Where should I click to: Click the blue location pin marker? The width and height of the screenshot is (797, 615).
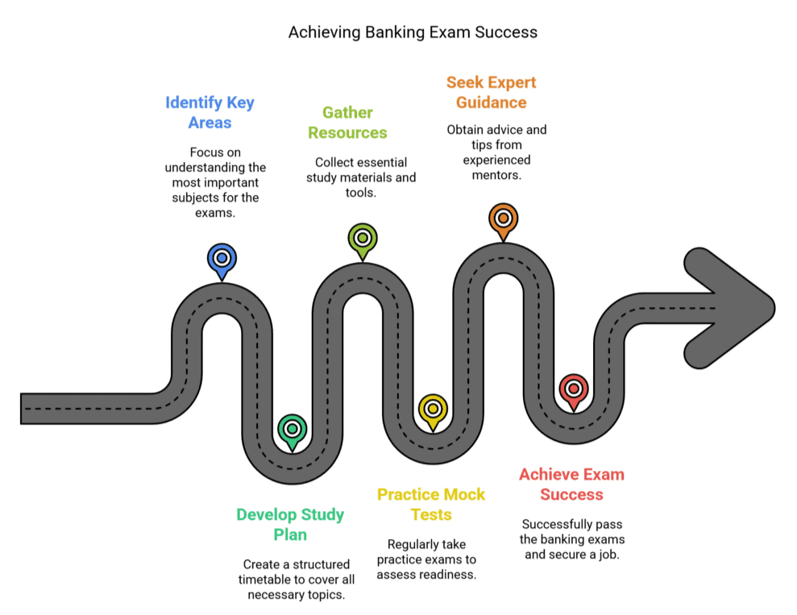pyautogui.click(x=222, y=260)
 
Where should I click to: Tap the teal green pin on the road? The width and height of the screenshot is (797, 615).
pyautogui.click(x=292, y=430)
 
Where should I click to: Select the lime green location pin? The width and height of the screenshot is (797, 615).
pyautogui.click(x=363, y=239)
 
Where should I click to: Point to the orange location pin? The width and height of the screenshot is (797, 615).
pyautogui.click(x=503, y=218)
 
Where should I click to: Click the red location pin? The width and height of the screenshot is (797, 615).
pyautogui.click(x=573, y=389)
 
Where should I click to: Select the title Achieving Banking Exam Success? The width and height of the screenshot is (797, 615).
pyautogui.click(x=413, y=32)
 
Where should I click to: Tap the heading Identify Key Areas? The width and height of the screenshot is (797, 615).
pyautogui.click(x=210, y=113)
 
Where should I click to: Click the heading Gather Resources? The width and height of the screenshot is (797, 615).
pyautogui.click(x=347, y=123)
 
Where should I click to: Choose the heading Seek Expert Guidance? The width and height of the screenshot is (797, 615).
pyautogui.click(x=491, y=92)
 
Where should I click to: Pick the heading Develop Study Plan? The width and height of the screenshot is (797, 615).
pyautogui.click(x=290, y=524)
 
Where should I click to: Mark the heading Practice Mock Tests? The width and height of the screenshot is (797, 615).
pyautogui.click(x=431, y=504)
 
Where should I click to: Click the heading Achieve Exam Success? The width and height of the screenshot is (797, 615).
pyautogui.click(x=571, y=484)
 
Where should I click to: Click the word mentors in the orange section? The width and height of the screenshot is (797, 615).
pyautogui.click(x=496, y=175)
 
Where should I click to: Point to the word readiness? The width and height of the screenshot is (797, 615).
pyautogui.click(x=449, y=575)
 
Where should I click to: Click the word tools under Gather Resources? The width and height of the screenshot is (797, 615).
pyautogui.click(x=361, y=192)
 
